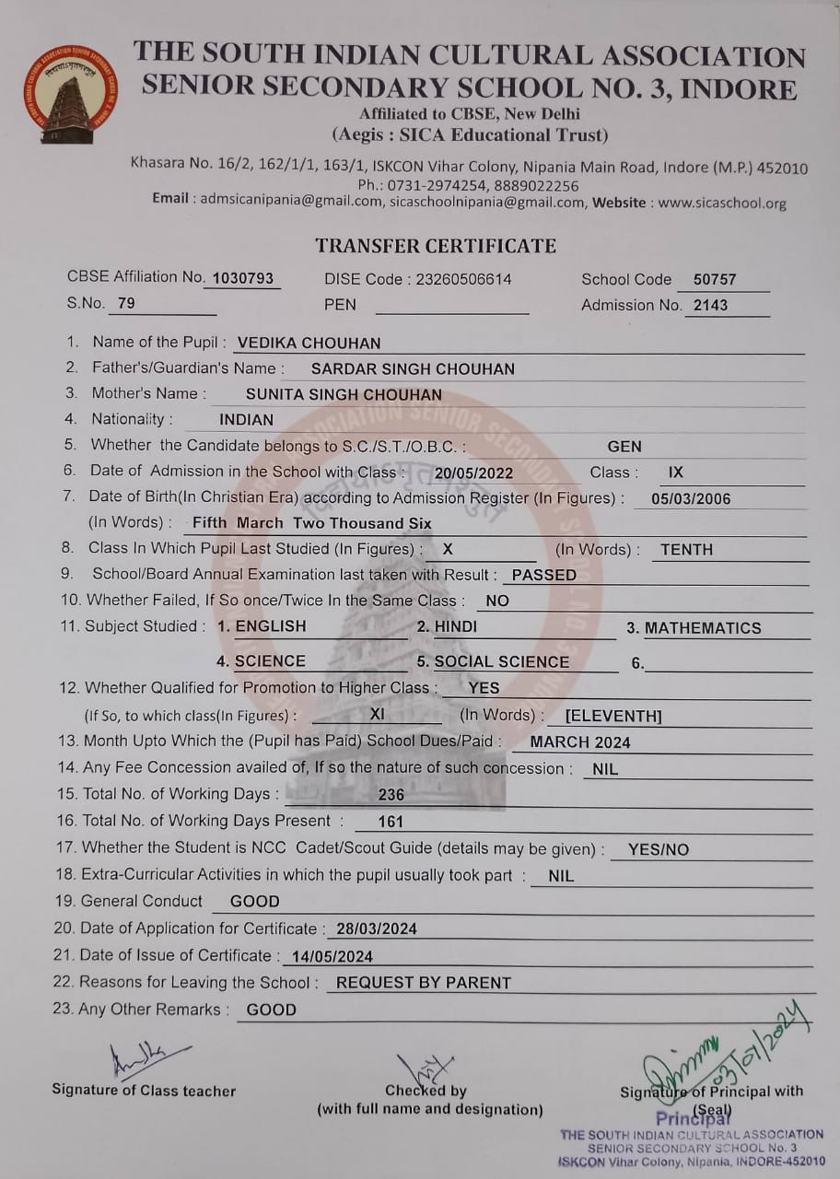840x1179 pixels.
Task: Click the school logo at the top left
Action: (x=71, y=96)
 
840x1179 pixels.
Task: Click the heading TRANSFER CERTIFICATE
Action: (x=436, y=246)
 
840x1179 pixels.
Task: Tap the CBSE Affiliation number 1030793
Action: (x=243, y=278)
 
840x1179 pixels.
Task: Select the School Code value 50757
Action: (x=715, y=279)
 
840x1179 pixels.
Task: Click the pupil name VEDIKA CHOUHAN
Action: (x=309, y=344)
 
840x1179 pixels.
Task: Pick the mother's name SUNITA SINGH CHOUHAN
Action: (x=344, y=394)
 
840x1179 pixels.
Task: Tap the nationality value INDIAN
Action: (x=246, y=420)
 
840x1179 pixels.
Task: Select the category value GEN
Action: (x=624, y=447)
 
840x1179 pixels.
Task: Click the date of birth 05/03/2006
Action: (x=691, y=499)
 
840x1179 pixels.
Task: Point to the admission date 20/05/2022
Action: (x=474, y=473)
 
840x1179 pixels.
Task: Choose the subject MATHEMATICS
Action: (x=703, y=628)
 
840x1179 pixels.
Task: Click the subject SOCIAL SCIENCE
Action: (x=502, y=661)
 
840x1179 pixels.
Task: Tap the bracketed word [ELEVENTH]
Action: (x=613, y=716)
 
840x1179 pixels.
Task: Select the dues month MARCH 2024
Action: (x=580, y=742)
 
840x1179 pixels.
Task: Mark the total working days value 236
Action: (x=391, y=795)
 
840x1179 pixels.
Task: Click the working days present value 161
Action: (x=391, y=822)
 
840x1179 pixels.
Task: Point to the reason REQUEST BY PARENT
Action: (x=423, y=983)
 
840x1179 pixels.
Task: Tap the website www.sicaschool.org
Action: (x=722, y=203)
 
